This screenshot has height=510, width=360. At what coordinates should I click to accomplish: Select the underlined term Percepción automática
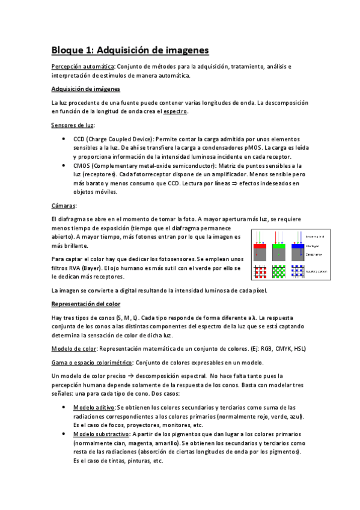pos(83,66)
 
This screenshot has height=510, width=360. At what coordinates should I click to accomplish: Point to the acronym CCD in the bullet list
pos(79,138)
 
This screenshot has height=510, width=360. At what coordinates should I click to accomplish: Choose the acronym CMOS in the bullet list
pos(81,165)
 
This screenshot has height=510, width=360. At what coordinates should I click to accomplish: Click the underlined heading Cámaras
pos(64,206)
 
